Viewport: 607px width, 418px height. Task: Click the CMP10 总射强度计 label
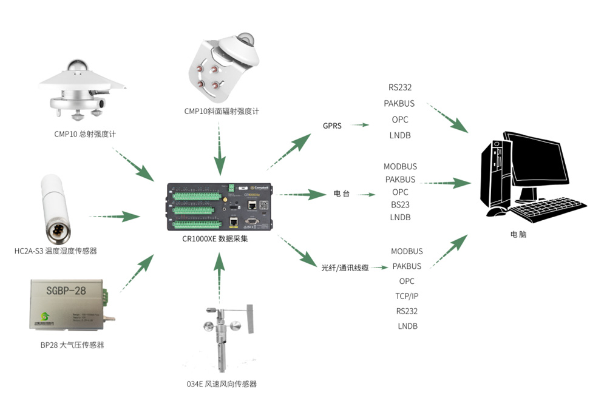click(85, 134)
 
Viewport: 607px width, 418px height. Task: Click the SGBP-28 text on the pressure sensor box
click(66, 291)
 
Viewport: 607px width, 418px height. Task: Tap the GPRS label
click(333, 126)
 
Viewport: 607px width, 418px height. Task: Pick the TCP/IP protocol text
click(407, 296)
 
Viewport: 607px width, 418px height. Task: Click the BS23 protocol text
click(400, 204)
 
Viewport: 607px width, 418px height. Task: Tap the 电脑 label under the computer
click(519, 234)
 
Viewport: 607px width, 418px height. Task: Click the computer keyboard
click(546, 210)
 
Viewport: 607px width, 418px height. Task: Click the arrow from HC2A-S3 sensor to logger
click(115, 216)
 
